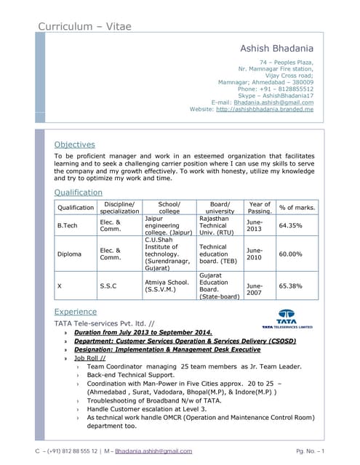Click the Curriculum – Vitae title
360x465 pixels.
(85, 26)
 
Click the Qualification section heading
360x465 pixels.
(79, 193)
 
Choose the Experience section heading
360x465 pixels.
(76, 312)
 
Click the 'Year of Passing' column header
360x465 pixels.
(260, 208)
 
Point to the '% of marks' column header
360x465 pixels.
(297, 208)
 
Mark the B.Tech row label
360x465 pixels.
(67, 225)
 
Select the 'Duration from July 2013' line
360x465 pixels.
(143, 332)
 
